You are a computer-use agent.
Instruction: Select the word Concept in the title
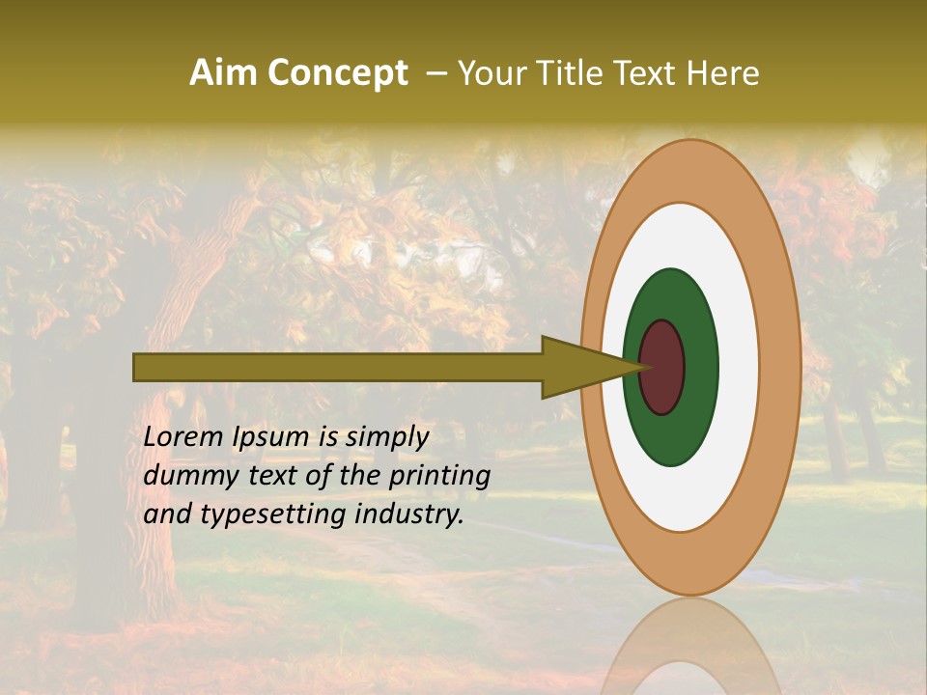pyautogui.click(x=338, y=73)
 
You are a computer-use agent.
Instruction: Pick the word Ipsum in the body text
pyautogui.click(x=272, y=437)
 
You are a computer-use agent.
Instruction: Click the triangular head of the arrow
pyautogui.click(x=579, y=367)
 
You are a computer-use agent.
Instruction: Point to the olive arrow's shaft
pyautogui.click(x=338, y=367)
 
